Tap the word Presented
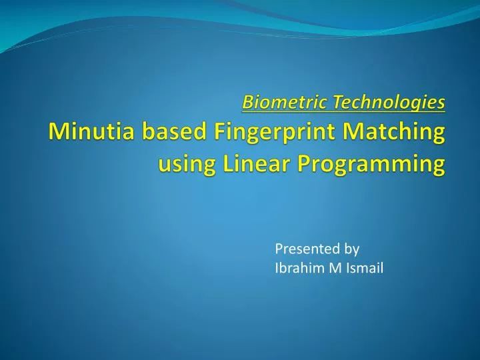(304, 249)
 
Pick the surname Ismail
(364, 268)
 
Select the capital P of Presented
(279, 249)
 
